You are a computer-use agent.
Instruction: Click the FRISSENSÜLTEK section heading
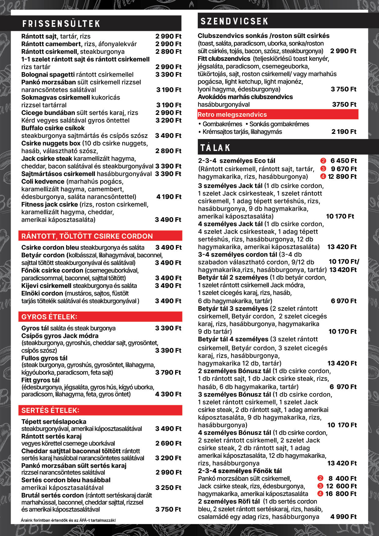coord(61,24)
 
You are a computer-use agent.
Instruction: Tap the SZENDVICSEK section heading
coord(234,21)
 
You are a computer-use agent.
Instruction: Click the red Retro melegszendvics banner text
coord(232,115)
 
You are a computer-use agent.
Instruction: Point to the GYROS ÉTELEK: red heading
coord(49,317)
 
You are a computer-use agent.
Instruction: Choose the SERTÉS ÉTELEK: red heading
coord(50,410)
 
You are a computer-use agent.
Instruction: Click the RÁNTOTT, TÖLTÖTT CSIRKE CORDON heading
coord(87,236)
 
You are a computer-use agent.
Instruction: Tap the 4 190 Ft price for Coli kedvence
coord(169,197)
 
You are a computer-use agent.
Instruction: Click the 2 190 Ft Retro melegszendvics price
coord(344,132)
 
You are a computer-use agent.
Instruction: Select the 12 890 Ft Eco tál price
coord(342,177)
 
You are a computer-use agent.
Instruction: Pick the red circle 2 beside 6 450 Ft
coord(323,161)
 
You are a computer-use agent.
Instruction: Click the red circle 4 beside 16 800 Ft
coord(320,494)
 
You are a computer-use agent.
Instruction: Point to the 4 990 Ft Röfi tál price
coord(344,517)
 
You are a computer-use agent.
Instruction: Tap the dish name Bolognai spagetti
coord(48,75)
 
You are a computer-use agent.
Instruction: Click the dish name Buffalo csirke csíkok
coord(53,128)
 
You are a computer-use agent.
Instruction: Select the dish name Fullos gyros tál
coord(44,358)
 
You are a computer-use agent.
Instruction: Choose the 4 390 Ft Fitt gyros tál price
coord(168,394)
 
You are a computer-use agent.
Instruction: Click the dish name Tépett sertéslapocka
coord(54,422)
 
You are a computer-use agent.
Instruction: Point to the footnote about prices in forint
coord(68,520)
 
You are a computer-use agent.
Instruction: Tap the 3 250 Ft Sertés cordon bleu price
coord(168,488)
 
